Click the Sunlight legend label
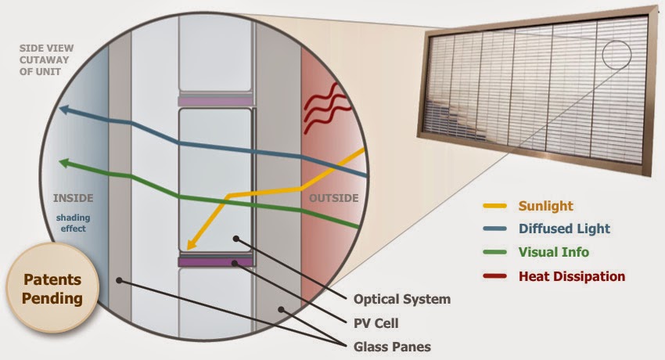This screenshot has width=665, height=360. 545,207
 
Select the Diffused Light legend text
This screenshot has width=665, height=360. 563,229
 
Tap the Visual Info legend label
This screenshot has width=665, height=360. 553,252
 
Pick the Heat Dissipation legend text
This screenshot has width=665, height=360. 572,275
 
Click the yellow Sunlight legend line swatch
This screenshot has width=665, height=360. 495,207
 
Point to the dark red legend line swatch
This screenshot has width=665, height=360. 495,275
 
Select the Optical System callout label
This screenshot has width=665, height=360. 402,299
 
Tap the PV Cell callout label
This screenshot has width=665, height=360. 378,322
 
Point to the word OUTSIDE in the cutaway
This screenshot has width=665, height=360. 333,197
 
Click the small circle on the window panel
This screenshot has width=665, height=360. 616,55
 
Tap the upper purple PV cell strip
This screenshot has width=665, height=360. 216,101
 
